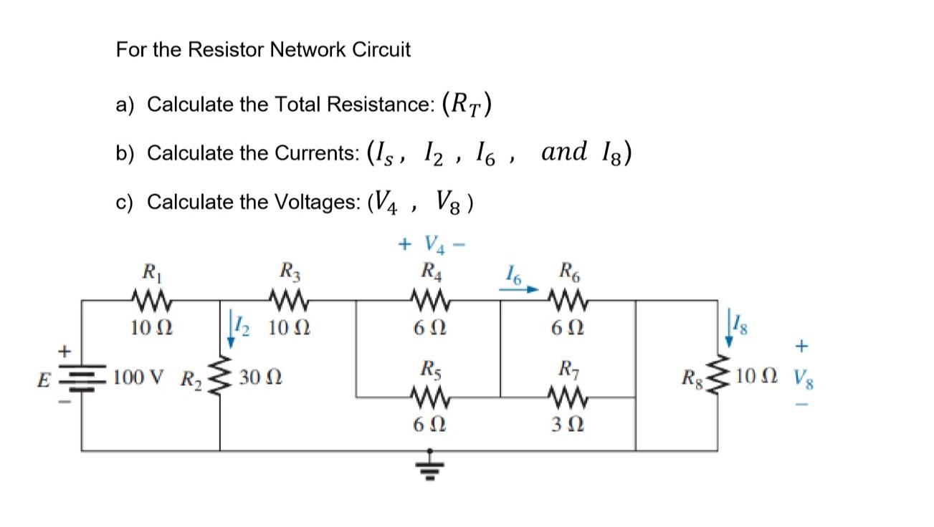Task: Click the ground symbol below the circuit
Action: pyautogui.click(x=430, y=463)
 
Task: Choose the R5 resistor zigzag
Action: pyautogui.click(x=430, y=396)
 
